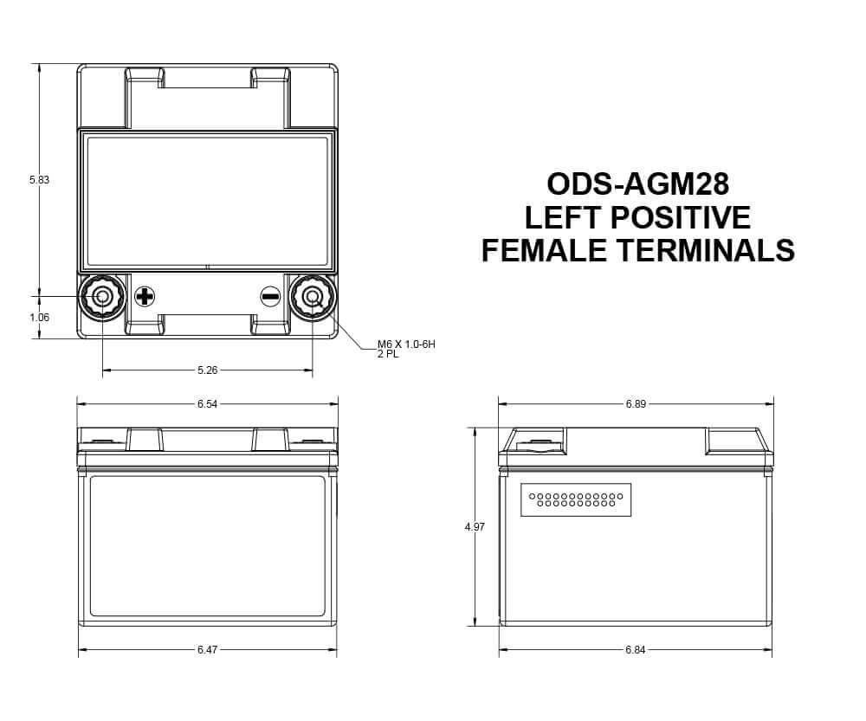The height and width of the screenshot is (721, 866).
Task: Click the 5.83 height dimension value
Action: (x=39, y=180)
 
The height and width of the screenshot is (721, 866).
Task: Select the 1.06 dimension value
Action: (x=39, y=318)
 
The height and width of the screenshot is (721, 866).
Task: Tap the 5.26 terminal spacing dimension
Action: (x=208, y=370)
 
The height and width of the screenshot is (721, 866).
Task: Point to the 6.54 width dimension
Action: (x=207, y=404)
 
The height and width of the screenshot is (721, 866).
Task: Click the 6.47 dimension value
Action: (x=207, y=649)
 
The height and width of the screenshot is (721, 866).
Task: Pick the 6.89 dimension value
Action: (x=636, y=404)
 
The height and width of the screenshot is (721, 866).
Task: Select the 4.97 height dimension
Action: (x=475, y=526)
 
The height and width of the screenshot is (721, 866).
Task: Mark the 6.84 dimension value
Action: (x=636, y=649)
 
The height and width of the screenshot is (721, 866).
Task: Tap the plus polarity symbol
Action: (x=145, y=297)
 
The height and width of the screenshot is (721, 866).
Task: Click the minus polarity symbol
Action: (x=270, y=297)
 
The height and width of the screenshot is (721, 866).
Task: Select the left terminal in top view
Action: (x=102, y=297)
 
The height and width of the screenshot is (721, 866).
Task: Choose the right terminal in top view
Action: (x=312, y=297)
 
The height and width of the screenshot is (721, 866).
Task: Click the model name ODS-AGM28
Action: (x=638, y=183)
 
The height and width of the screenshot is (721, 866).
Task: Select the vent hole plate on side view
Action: (x=576, y=499)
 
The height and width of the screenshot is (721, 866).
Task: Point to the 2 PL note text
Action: (x=387, y=355)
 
